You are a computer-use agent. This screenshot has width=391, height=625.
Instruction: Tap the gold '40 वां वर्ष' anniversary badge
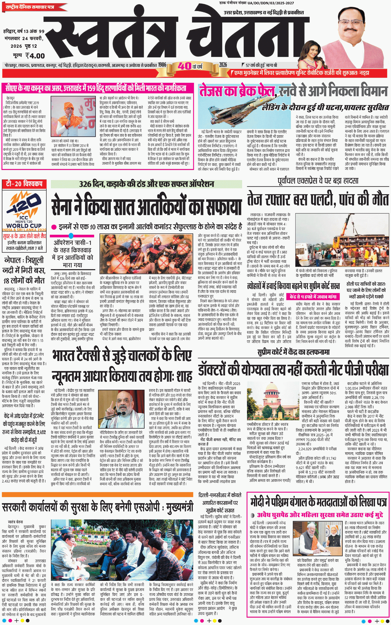point(191,66)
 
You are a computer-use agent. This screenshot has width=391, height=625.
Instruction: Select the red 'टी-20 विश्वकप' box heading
point(24,184)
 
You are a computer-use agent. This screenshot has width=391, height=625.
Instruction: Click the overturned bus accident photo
point(342,240)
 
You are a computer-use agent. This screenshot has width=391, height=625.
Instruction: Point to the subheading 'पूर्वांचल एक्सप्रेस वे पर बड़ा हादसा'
point(318,181)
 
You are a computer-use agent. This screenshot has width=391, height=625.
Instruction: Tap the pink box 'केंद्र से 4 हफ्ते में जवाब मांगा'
point(313,297)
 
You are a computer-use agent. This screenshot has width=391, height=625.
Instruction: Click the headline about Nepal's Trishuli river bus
point(24,270)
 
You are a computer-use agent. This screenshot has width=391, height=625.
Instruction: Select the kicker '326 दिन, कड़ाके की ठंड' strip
point(146,184)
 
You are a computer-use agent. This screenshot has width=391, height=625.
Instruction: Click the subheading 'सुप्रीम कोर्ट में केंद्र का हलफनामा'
point(293,352)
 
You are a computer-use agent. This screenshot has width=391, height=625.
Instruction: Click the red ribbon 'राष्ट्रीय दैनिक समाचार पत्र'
point(31,7)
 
